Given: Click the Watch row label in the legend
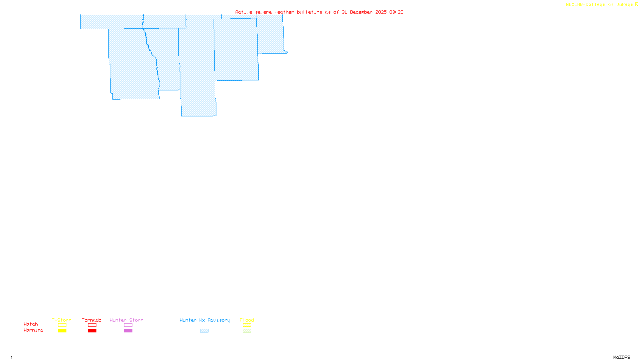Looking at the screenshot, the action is (31, 324).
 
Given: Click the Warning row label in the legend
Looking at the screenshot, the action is (34, 330).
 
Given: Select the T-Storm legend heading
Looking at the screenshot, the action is (62, 320).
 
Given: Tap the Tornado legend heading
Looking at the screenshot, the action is (92, 320).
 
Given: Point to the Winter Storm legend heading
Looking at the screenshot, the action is (126, 320).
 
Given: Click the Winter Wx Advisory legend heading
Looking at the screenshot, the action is (205, 320).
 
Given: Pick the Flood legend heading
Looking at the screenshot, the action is (247, 320).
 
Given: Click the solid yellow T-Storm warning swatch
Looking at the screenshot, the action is (62, 331).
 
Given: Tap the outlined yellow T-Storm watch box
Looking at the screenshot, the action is (62, 325).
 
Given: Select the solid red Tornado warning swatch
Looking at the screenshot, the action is (92, 331).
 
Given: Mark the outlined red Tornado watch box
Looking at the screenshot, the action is (92, 325).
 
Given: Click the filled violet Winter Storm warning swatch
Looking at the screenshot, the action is (128, 331).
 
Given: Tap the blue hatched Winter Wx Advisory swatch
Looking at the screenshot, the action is (204, 331).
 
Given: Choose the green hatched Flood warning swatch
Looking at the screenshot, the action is (247, 331).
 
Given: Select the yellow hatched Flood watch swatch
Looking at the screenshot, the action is (247, 325).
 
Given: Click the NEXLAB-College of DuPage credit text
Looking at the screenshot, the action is (600, 5).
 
